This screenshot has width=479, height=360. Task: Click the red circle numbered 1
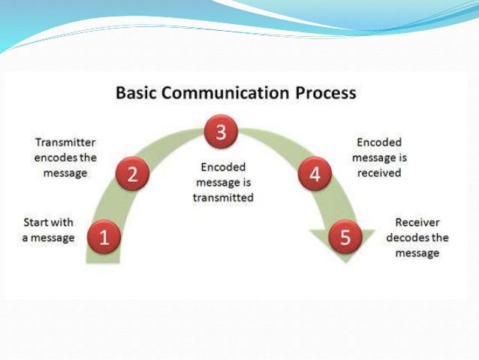[104, 238]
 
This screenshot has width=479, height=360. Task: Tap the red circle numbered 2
[133, 174]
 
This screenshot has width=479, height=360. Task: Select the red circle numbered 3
[220, 133]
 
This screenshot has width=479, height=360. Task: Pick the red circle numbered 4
[315, 175]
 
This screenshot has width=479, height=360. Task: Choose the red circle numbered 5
[345, 238]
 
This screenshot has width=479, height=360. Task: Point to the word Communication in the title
[227, 94]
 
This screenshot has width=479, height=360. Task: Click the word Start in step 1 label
[37, 223]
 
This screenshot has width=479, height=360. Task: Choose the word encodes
[58, 156]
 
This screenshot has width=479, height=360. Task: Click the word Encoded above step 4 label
[379, 141]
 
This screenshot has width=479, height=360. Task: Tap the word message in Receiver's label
[417, 253]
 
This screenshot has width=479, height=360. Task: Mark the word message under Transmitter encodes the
[65, 172]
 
